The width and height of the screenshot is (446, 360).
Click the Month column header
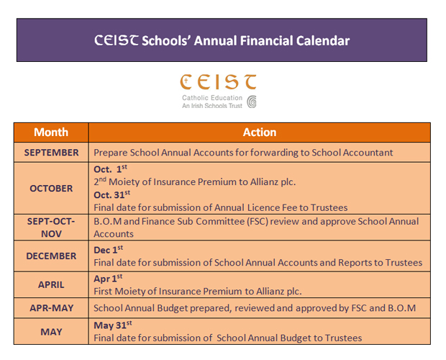click(51, 132)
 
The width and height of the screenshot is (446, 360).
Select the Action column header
click(260, 132)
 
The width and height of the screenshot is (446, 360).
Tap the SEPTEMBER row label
click(51, 153)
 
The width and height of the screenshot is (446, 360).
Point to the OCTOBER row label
click(51, 188)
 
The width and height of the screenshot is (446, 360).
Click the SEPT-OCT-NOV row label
click(51, 227)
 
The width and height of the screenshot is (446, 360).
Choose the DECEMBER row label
click(51, 256)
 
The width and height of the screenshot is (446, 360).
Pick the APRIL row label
click(51, 284)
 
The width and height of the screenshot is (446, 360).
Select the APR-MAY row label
click(51, 308)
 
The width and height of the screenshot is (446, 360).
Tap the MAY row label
click(51, 332)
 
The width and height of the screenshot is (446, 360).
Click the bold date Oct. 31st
click(112, 194)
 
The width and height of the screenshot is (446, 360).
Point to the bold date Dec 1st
click(109, 249)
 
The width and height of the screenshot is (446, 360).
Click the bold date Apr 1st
click(109, 278)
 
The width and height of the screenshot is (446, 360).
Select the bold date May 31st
click(112, 325)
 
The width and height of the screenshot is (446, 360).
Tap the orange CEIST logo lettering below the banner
click(218, 81)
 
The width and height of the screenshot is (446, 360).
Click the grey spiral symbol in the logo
click(252, 102)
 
